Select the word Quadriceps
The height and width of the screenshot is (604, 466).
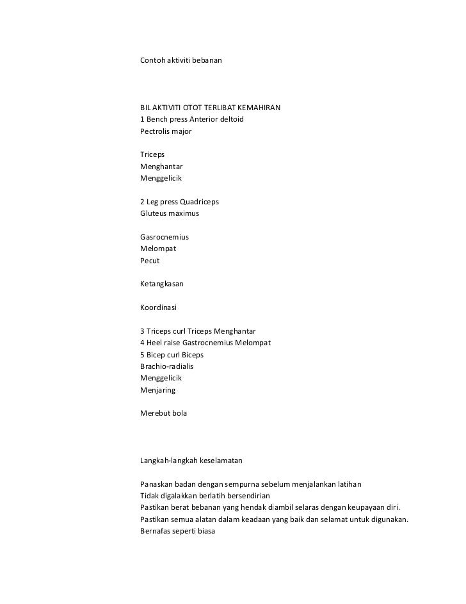[x=198, y=202]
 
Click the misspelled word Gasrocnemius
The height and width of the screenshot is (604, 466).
[x=165, y=237]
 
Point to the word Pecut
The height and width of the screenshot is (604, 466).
[x=150, y=261]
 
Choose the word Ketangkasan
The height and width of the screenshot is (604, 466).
[x=162, y=284]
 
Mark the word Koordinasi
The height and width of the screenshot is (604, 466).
[x=159, y=307]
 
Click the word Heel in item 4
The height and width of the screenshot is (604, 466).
[x=155, y=343]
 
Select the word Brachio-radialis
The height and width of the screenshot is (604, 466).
[x=166, y=366]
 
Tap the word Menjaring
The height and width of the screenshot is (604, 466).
[x=157, y=389]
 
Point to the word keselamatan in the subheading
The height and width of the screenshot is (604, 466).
[x=221, y=461]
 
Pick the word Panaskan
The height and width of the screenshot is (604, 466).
[x=157, y=484]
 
